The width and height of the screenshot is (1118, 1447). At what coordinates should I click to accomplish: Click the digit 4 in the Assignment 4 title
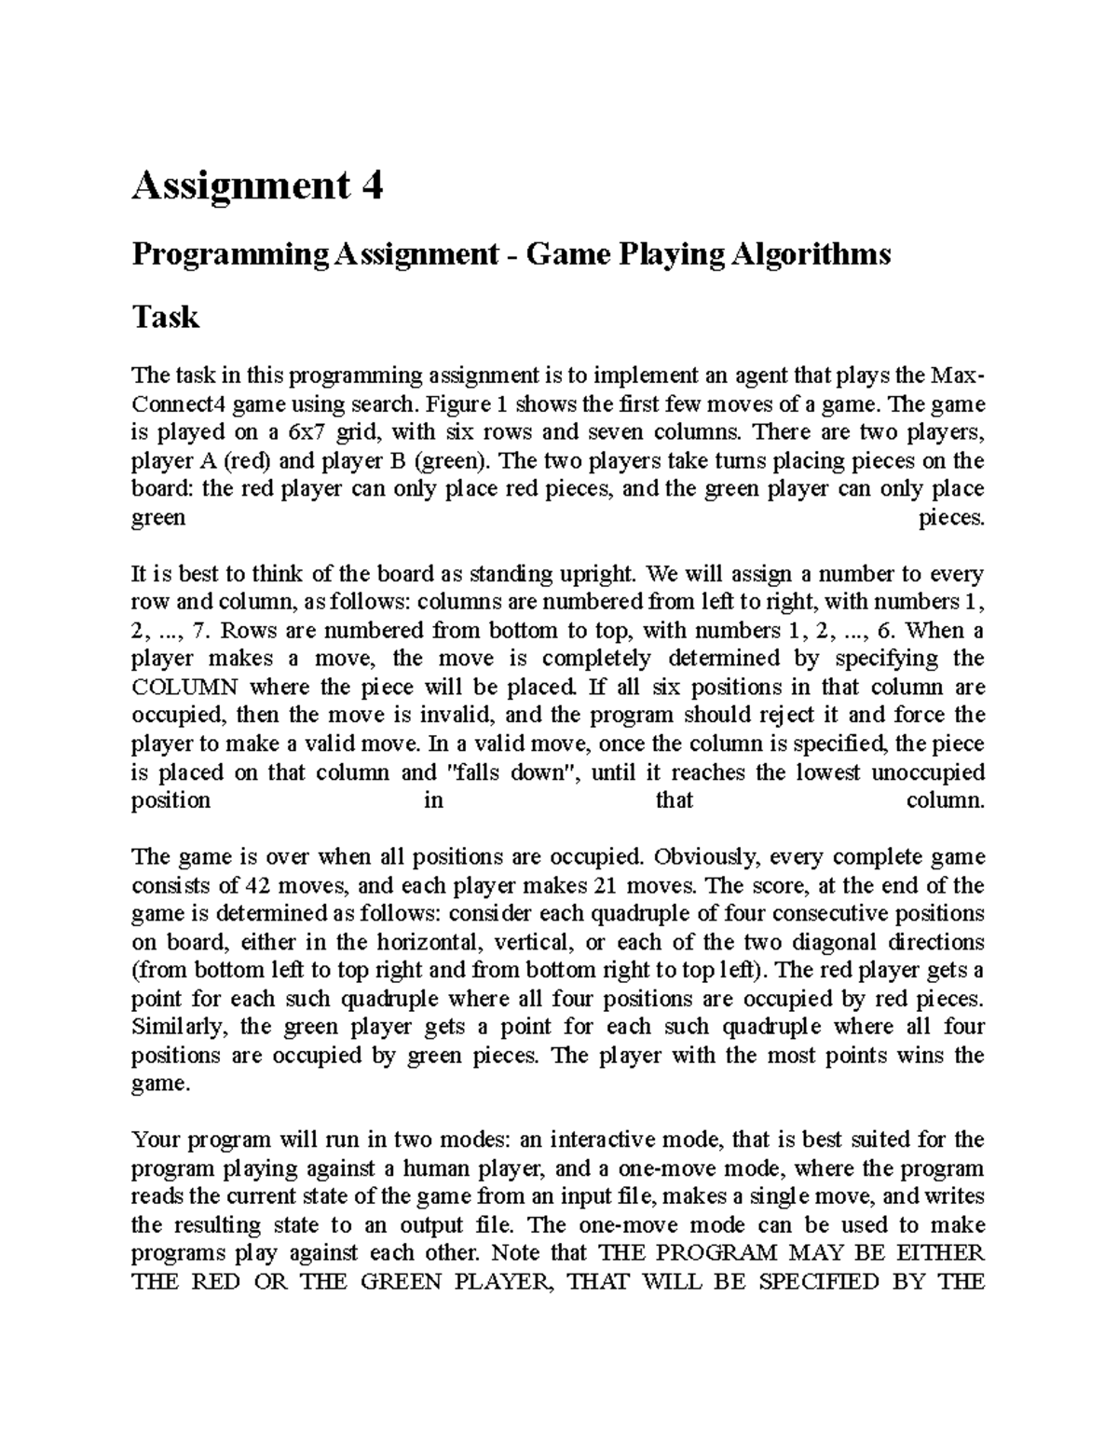point(371,187)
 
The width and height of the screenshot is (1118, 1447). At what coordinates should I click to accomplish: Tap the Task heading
point(166,317)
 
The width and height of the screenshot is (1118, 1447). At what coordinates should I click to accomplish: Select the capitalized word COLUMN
point(184,687)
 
